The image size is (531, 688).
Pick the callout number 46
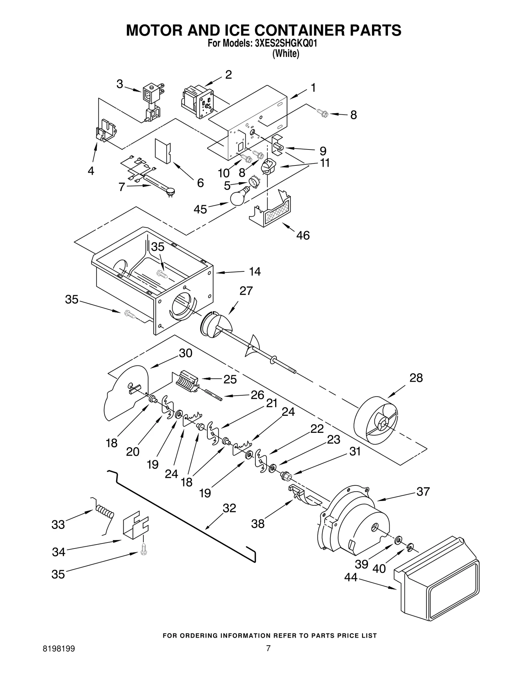303,235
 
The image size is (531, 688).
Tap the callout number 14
255,271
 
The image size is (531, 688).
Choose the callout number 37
423,491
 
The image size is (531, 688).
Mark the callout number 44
350,577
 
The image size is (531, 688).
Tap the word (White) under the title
285,53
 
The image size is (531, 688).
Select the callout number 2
228,75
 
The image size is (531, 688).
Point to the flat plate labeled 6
163,151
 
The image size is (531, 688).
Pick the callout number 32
229,508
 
